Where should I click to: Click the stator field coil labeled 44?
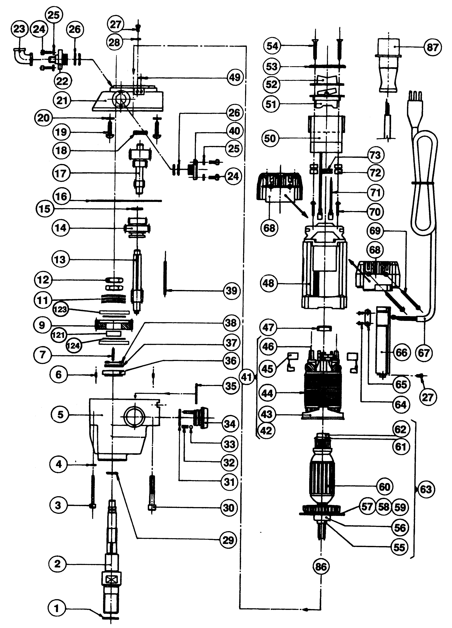pos(322,393)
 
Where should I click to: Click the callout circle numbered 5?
pos(60,415)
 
